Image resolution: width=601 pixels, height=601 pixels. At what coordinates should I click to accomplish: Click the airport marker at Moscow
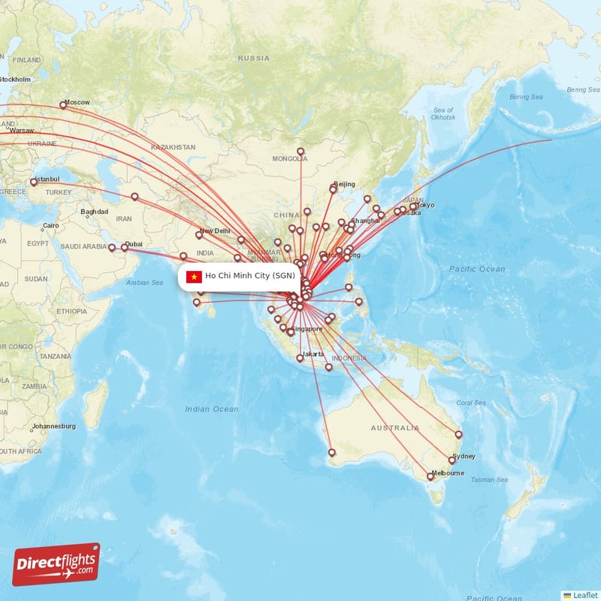pyautogui.click(x=64, y=105)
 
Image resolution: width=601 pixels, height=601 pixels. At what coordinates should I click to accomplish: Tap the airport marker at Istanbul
pyautogui.click(x=33, y=183)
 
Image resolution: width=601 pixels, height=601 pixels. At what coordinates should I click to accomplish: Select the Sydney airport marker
pyautogui.click(x=452, y=460)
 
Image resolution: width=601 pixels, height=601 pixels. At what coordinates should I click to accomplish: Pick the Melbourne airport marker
pyautogui.click(x=430, y=476)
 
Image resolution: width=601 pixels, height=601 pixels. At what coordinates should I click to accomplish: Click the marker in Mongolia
pyautogui.click(x=300, y=151)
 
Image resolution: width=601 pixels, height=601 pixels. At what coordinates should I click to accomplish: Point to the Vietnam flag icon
pyautogui.click(x=194, y=276)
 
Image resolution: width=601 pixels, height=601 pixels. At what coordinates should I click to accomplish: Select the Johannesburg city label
pyautogui.click(x=53, y=427)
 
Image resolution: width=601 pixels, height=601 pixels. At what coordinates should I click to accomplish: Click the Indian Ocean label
pyautogui.click(x=212, y=409)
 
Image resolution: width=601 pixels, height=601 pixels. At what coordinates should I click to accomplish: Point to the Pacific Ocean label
pyautogui.click(x=477, y=269)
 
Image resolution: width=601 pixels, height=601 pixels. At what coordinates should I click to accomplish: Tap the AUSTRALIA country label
pyautogui.click(x=395, y=428)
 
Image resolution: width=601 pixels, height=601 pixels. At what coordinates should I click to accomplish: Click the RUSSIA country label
pyautogui.click(x=253, y=58)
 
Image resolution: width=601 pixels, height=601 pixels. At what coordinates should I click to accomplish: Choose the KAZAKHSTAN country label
pyautogui.click(x=173, y=147)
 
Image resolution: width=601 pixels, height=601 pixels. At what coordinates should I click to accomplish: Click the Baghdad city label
pyautogui.click(x=95, y=212)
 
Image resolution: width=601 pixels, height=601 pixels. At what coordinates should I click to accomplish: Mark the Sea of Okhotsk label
pyautogui.click(x=443, y=113)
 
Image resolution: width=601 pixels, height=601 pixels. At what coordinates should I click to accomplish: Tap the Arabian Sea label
pyautogui.click(x=144, y=282)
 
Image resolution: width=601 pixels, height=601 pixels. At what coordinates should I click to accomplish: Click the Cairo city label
pyautogui.click(x=50, y=225)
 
